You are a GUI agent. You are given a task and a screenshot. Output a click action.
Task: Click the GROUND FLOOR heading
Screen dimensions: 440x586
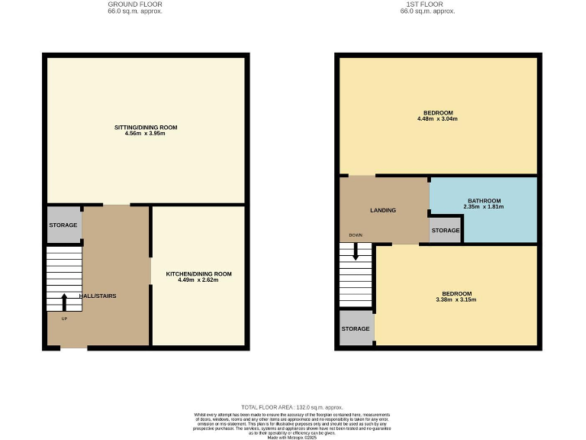tap(136, 5)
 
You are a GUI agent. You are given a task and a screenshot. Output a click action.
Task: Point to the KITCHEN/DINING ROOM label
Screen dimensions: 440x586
tap(198, 273)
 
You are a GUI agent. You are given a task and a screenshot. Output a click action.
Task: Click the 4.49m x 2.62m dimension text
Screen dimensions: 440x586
tap(198, 280)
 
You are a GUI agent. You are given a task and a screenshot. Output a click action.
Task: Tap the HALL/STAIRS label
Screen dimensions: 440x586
tap(98, 296)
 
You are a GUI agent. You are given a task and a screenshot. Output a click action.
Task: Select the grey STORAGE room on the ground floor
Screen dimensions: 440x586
tap(64, 225)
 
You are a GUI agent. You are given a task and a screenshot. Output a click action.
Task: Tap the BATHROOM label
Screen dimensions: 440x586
tap(484, 199)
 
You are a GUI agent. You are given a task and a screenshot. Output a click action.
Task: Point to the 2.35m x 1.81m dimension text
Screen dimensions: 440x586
tap(484, 207)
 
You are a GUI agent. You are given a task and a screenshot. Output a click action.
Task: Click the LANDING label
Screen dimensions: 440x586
tap(383, 210)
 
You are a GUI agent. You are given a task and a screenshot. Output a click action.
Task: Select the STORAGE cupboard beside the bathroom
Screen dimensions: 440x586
tap(446, 231)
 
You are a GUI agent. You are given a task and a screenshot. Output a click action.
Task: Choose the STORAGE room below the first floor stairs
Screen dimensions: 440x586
tap(356, 328)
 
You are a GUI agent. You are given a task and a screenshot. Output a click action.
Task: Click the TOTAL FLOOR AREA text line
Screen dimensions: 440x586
tap(292, 407)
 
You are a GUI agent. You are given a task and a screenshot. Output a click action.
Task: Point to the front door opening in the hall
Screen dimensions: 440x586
tap(74, 348)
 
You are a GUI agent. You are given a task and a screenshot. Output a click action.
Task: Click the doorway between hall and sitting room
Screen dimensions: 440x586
tap(117, 205)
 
